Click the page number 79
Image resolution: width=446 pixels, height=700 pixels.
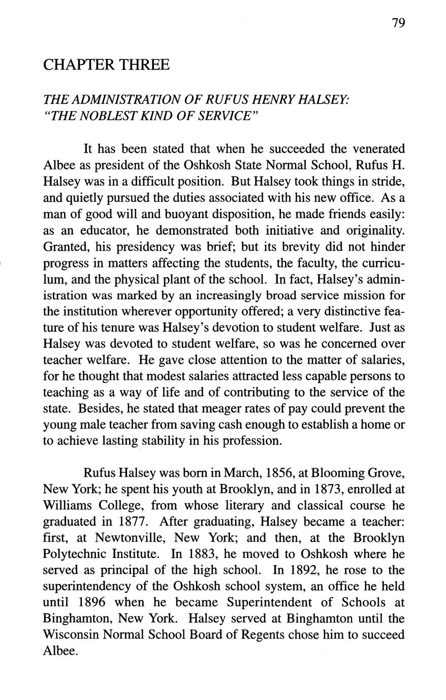click(398, 23)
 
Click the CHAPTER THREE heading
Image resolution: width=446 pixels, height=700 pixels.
click(106, 65)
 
